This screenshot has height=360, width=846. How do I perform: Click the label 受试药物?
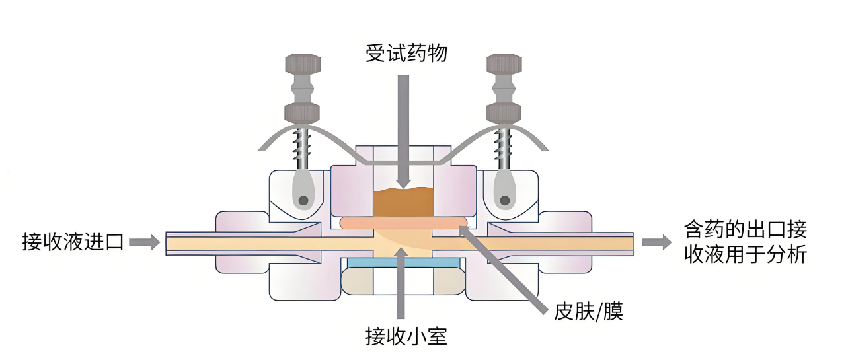click(406, 53)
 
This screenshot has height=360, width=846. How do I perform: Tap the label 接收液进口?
click(73, 242)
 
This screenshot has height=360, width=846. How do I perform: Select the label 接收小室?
click(406, 337)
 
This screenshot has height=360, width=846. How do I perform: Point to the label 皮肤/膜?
click(588, 310)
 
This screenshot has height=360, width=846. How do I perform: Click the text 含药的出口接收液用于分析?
click(745, 242)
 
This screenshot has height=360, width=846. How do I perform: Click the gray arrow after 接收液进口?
click(145, 242)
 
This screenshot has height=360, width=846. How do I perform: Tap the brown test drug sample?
click(403, 202)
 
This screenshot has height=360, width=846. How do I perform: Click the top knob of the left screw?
click(303, 65)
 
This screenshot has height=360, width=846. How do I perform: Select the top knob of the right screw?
click(504, 65)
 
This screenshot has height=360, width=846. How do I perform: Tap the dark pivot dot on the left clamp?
click(303, 200)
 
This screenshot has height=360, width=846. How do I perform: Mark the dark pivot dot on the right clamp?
click(506, 200)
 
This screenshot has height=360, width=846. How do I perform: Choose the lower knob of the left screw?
click(303, 112)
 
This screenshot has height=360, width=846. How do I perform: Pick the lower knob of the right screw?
click(504, 112)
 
